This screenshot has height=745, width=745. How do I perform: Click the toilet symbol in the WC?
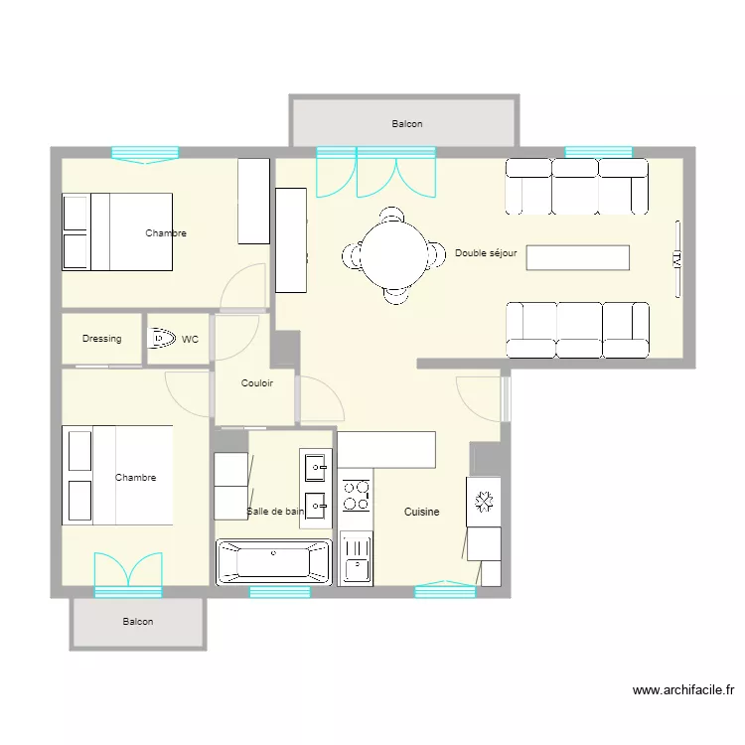[162, 338]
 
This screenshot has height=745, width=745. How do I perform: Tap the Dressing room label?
[101, 339]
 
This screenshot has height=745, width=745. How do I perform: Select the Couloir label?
[257, 383]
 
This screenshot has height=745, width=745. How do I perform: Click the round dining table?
[394, 255]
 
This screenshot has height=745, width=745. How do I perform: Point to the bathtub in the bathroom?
[274, 561]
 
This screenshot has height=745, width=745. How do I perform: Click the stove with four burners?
[356, 496]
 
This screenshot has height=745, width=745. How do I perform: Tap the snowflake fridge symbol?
[484, 502]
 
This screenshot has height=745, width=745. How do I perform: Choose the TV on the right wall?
[677, 259]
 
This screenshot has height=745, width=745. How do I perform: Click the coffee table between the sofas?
[578, 257]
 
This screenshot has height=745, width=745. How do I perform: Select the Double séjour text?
[486, 252]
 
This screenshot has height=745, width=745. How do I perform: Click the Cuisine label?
[421, 512]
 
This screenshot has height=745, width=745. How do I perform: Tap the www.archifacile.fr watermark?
[683, 690]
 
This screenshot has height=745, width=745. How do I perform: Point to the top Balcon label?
[407, 123]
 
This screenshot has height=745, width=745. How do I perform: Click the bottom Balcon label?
[138, 622]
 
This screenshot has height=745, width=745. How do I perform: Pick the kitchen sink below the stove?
[357, 558]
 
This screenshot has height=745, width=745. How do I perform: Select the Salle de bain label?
[275, 512]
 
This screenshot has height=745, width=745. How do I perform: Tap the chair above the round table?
[392, 215]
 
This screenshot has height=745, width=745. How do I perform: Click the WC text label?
[190, 340]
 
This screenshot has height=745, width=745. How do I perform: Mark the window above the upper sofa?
[599, 152]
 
